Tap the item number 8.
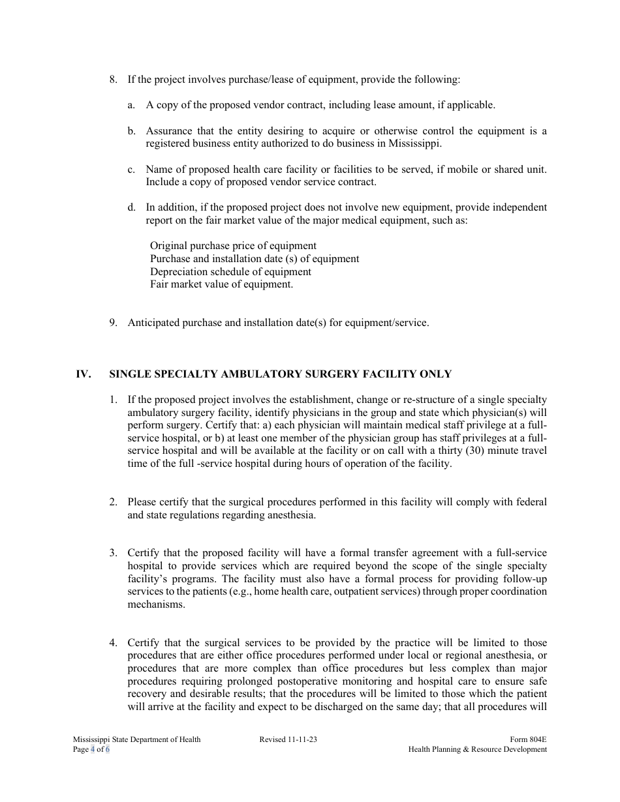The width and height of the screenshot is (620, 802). (113, 80)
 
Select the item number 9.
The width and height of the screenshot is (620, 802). (113, 323)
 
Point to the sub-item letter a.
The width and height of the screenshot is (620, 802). (131, 105)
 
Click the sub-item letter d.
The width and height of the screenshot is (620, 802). (131, 207)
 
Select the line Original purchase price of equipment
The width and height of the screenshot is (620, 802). (233, 246)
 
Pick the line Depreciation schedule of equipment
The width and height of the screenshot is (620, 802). (230, 272)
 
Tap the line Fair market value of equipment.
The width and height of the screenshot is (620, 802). (221, 284)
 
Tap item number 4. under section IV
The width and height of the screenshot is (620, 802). (113, 643)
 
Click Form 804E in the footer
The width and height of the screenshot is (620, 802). (528, 739)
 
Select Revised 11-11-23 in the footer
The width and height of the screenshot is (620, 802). (288, 739)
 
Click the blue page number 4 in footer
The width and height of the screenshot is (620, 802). (92, 750)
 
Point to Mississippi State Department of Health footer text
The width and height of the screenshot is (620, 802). (137, 739)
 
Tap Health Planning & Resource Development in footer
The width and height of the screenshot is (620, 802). (477, 750)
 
